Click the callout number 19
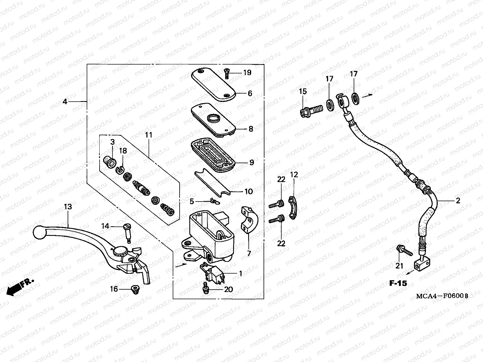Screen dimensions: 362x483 click(247, 73)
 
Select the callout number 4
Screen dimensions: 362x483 click(65, 102)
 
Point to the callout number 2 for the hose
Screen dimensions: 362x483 click(458, 201)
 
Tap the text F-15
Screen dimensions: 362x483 click(398, 283)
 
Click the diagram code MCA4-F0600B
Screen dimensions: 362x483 click(442, 296)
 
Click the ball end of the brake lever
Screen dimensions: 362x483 click(40, 232)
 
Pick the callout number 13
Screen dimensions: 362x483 click(68, 207)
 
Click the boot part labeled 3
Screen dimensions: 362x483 click(109, 161)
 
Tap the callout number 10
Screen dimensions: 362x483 click(248, 191)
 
